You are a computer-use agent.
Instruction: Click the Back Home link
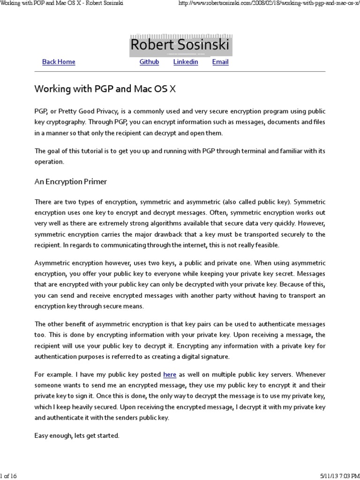59,62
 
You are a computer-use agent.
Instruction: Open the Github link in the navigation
149,62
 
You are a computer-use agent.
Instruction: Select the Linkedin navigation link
186,62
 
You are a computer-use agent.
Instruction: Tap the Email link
220,62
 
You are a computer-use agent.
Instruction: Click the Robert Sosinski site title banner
180,45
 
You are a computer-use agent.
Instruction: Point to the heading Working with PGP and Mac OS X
105,89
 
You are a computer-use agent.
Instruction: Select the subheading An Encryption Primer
71,181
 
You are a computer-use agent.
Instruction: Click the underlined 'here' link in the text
170,375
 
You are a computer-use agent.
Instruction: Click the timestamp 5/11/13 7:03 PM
333,476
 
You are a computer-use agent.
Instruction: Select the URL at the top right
269,4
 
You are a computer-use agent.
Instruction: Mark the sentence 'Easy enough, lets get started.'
77,435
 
